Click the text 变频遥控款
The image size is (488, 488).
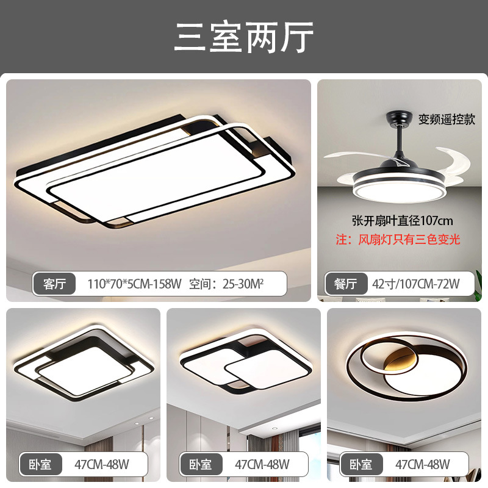coord(446,118)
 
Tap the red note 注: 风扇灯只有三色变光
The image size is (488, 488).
coord(398,239)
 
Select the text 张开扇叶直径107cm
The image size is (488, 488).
coord(402,220)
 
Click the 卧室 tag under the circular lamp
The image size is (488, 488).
coord(360,464)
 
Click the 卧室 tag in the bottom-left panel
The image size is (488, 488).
coord(40,464)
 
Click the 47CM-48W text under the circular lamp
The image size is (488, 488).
coord(422,464)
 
